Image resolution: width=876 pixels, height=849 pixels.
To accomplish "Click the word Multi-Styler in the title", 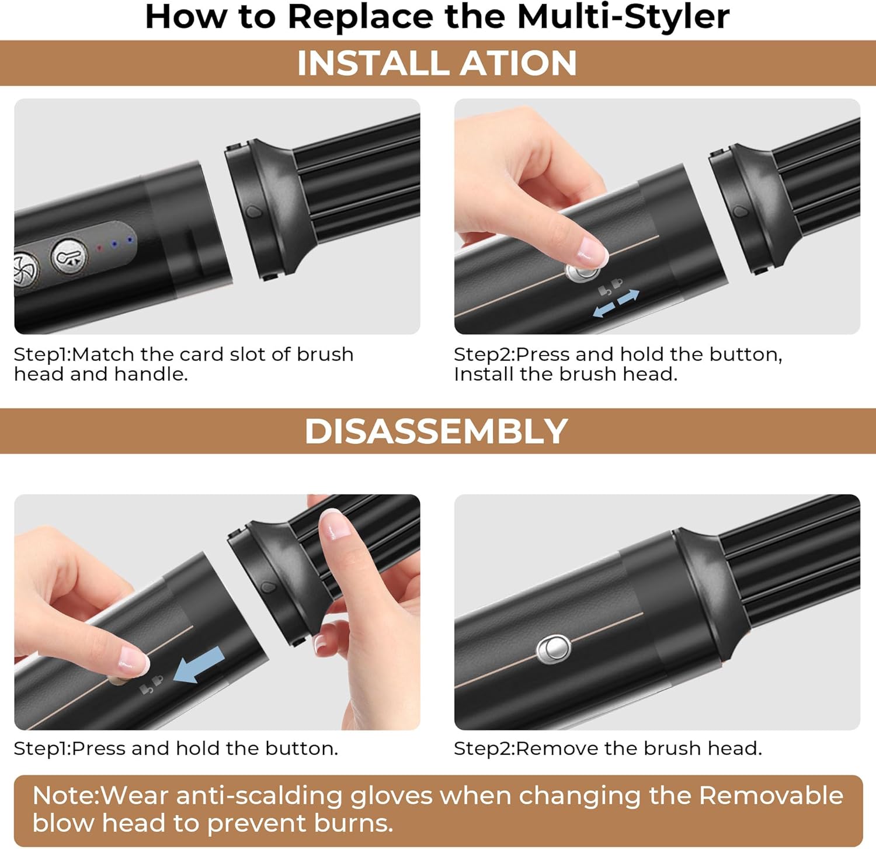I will (x=623, y=16).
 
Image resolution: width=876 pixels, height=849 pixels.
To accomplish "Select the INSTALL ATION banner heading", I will (x=437, y=63).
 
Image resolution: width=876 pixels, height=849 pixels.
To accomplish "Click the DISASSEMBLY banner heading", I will (x=436, y=432).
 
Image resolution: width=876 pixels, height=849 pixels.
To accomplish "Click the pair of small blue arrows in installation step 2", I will (x=616, y=303).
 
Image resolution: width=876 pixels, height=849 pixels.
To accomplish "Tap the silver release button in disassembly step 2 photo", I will (x=553, y=649).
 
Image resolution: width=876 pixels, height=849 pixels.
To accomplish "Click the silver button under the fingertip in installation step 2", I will (x=582, y=272).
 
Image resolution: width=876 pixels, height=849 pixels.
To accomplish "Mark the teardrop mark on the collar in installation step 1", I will (x=253, y=210).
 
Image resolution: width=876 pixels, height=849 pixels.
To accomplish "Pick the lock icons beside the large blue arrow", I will (x=151, y=684).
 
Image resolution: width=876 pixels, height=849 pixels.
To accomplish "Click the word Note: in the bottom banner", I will (x=66, y=796).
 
